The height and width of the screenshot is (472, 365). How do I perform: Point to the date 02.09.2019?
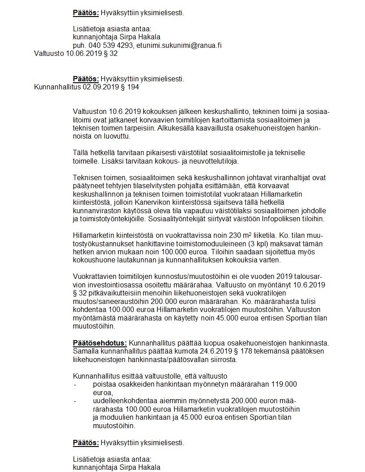98,87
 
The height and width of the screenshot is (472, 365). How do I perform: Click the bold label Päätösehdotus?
100,343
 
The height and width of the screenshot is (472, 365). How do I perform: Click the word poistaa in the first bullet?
104,384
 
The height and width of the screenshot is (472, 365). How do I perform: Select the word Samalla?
85,351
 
